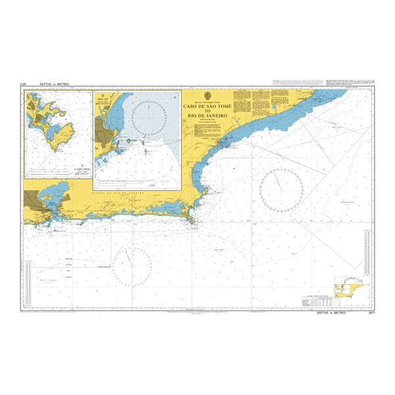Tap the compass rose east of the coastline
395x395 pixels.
(x=281, y=189)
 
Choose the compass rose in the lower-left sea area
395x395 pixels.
(x=132, y=267)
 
